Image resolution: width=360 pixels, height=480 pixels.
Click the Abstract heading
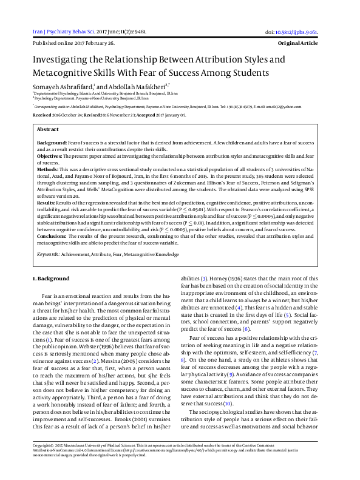48,130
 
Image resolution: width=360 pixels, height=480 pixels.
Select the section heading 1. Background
51,278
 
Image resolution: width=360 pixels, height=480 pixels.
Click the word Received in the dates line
42,114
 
